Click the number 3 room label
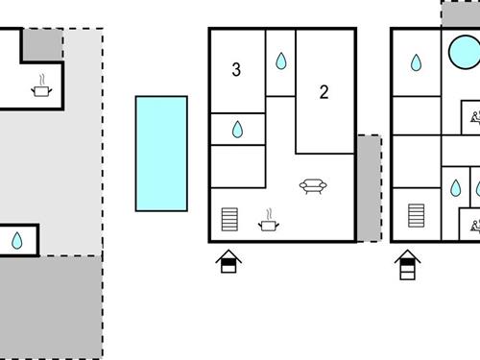[x=236, y=69]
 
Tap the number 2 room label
[x=324, y=92]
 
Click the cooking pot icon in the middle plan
[x=269, y=223]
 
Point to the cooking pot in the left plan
[x=41, y=88]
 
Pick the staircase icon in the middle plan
[x=229, y=220]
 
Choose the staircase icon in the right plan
[x=416, y=219]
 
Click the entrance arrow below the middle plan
[x=229, y=261]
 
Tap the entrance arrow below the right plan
[x=406, y=263]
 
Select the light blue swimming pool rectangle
[x=160, y=153]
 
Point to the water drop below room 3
[x=238, y=130]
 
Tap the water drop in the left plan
[x=17, y=241]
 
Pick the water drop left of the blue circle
[x=416, y=63]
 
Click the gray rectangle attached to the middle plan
[x=369, y=187]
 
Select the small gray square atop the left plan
[x=42, y=44]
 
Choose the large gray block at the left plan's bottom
[x=50, y=306]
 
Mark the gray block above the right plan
[x=460, y=13]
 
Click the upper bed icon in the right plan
[x=474, y=118]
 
